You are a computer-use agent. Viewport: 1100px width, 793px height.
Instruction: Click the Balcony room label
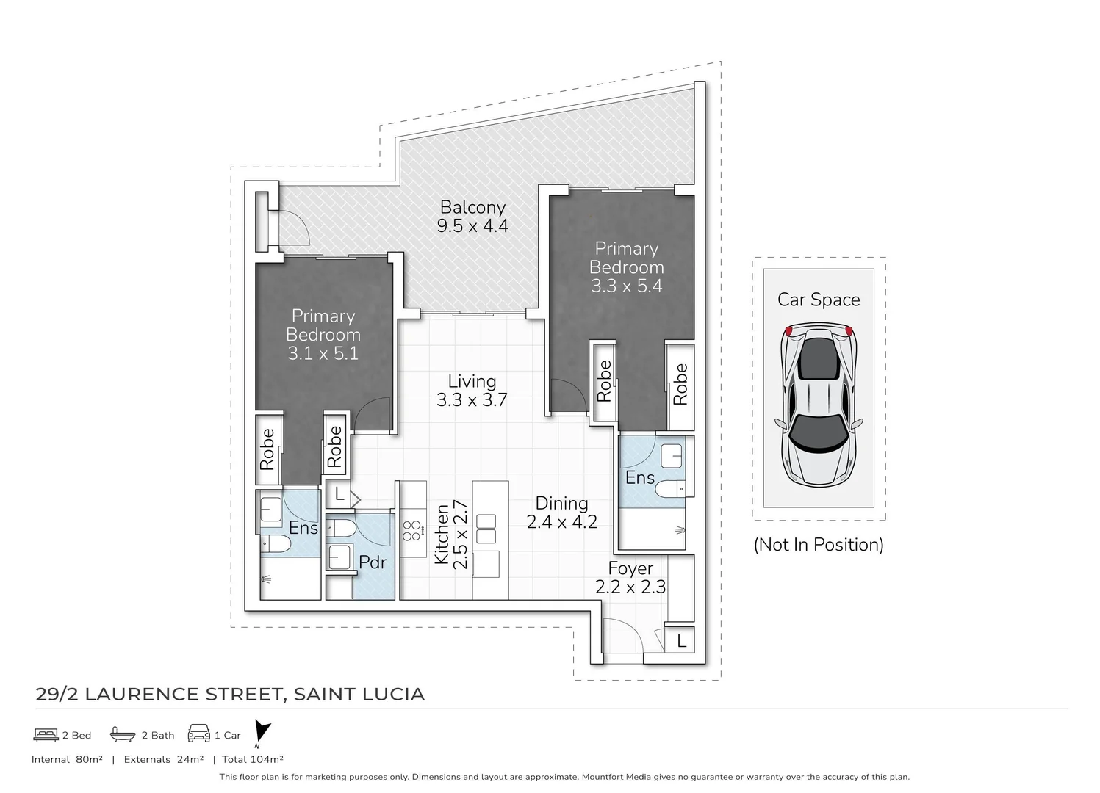coord(472,207)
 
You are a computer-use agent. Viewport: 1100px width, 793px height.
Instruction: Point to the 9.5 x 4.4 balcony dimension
coord(472,225)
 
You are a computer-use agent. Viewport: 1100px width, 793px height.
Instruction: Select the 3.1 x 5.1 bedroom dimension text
coord(323,353)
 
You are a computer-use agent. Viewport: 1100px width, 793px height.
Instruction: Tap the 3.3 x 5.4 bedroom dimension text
coord(626,286)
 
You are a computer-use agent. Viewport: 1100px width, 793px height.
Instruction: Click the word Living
coord(472,381)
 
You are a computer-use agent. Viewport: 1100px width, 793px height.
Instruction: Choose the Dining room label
coord(561,503)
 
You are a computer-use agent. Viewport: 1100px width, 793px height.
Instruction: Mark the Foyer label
coord(630,568)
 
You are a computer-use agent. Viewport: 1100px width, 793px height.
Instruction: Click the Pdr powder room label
coord(373,562)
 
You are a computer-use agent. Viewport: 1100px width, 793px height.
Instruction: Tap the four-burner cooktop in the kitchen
coord(411,529)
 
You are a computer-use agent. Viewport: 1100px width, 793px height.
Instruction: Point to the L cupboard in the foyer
coord(681,640)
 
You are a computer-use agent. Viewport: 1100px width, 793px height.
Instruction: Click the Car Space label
coord(819,300)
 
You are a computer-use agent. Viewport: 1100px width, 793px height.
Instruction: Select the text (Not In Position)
coord(819,545)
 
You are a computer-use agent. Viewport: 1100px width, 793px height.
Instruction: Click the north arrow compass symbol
coord(262,732)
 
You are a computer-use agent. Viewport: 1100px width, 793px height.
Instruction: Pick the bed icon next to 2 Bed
coord(46,734)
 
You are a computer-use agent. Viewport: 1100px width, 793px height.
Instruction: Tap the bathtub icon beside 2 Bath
coord(122,734)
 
